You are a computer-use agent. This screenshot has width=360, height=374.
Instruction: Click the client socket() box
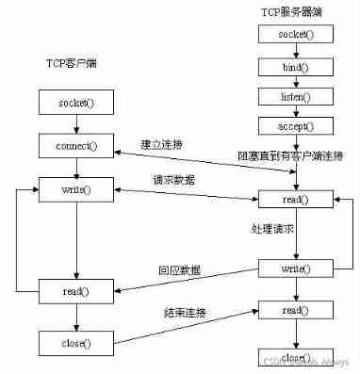(74, 101)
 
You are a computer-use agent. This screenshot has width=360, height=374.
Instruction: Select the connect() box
(74, 145)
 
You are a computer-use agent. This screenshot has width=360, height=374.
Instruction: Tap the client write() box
(74, 191)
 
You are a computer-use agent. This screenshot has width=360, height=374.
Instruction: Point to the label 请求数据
(175, 179)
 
